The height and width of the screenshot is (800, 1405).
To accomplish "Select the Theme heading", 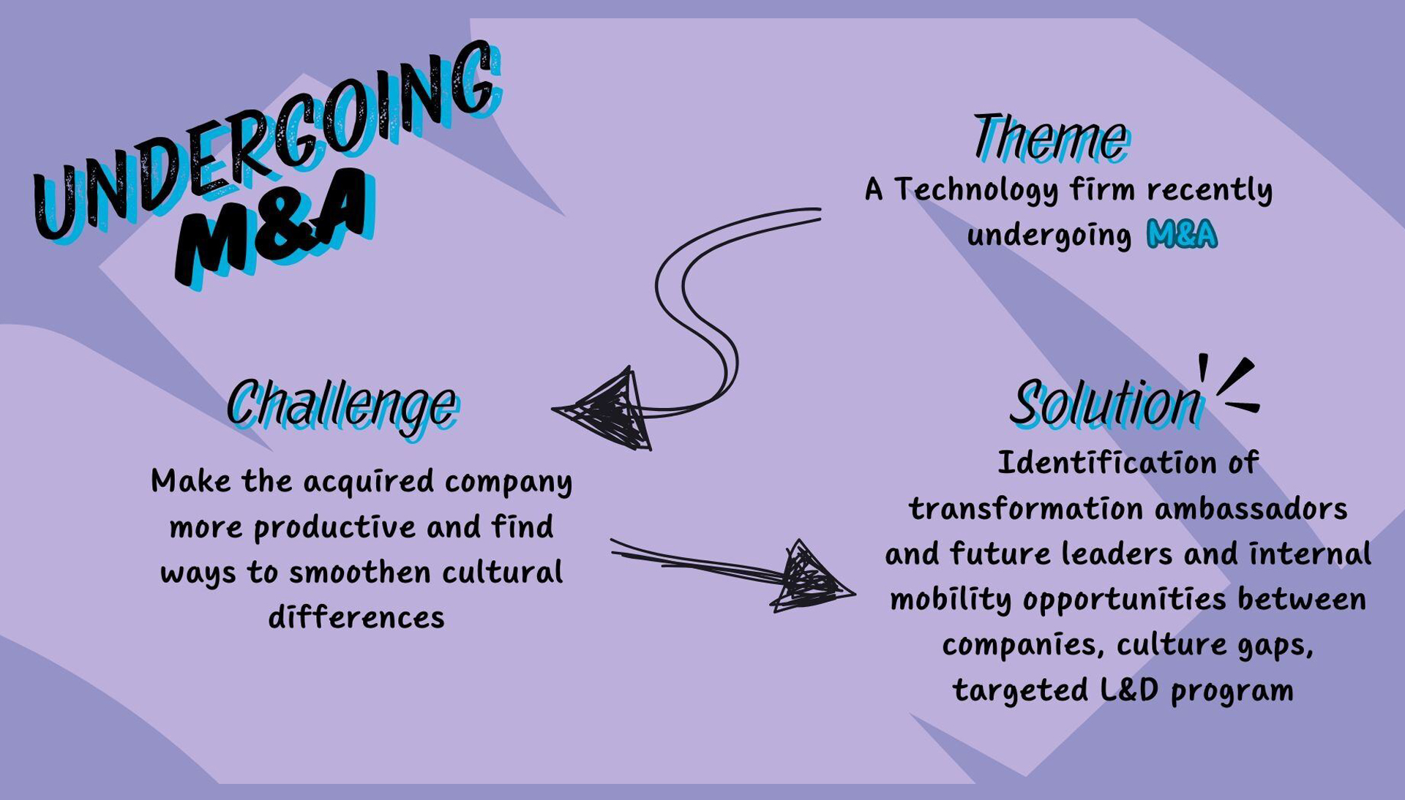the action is [1052, 137].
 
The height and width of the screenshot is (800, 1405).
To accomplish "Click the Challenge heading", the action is [342, 404].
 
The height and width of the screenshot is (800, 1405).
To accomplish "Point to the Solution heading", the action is [1106, 403].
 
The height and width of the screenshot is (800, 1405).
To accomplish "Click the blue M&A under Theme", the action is [1182, 235].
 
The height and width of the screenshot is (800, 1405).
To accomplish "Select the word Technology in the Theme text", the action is [976, 190].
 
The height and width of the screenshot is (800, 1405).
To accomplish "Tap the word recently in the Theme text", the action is [1209, 190].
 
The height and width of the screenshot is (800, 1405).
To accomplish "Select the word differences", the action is [356, 618].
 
